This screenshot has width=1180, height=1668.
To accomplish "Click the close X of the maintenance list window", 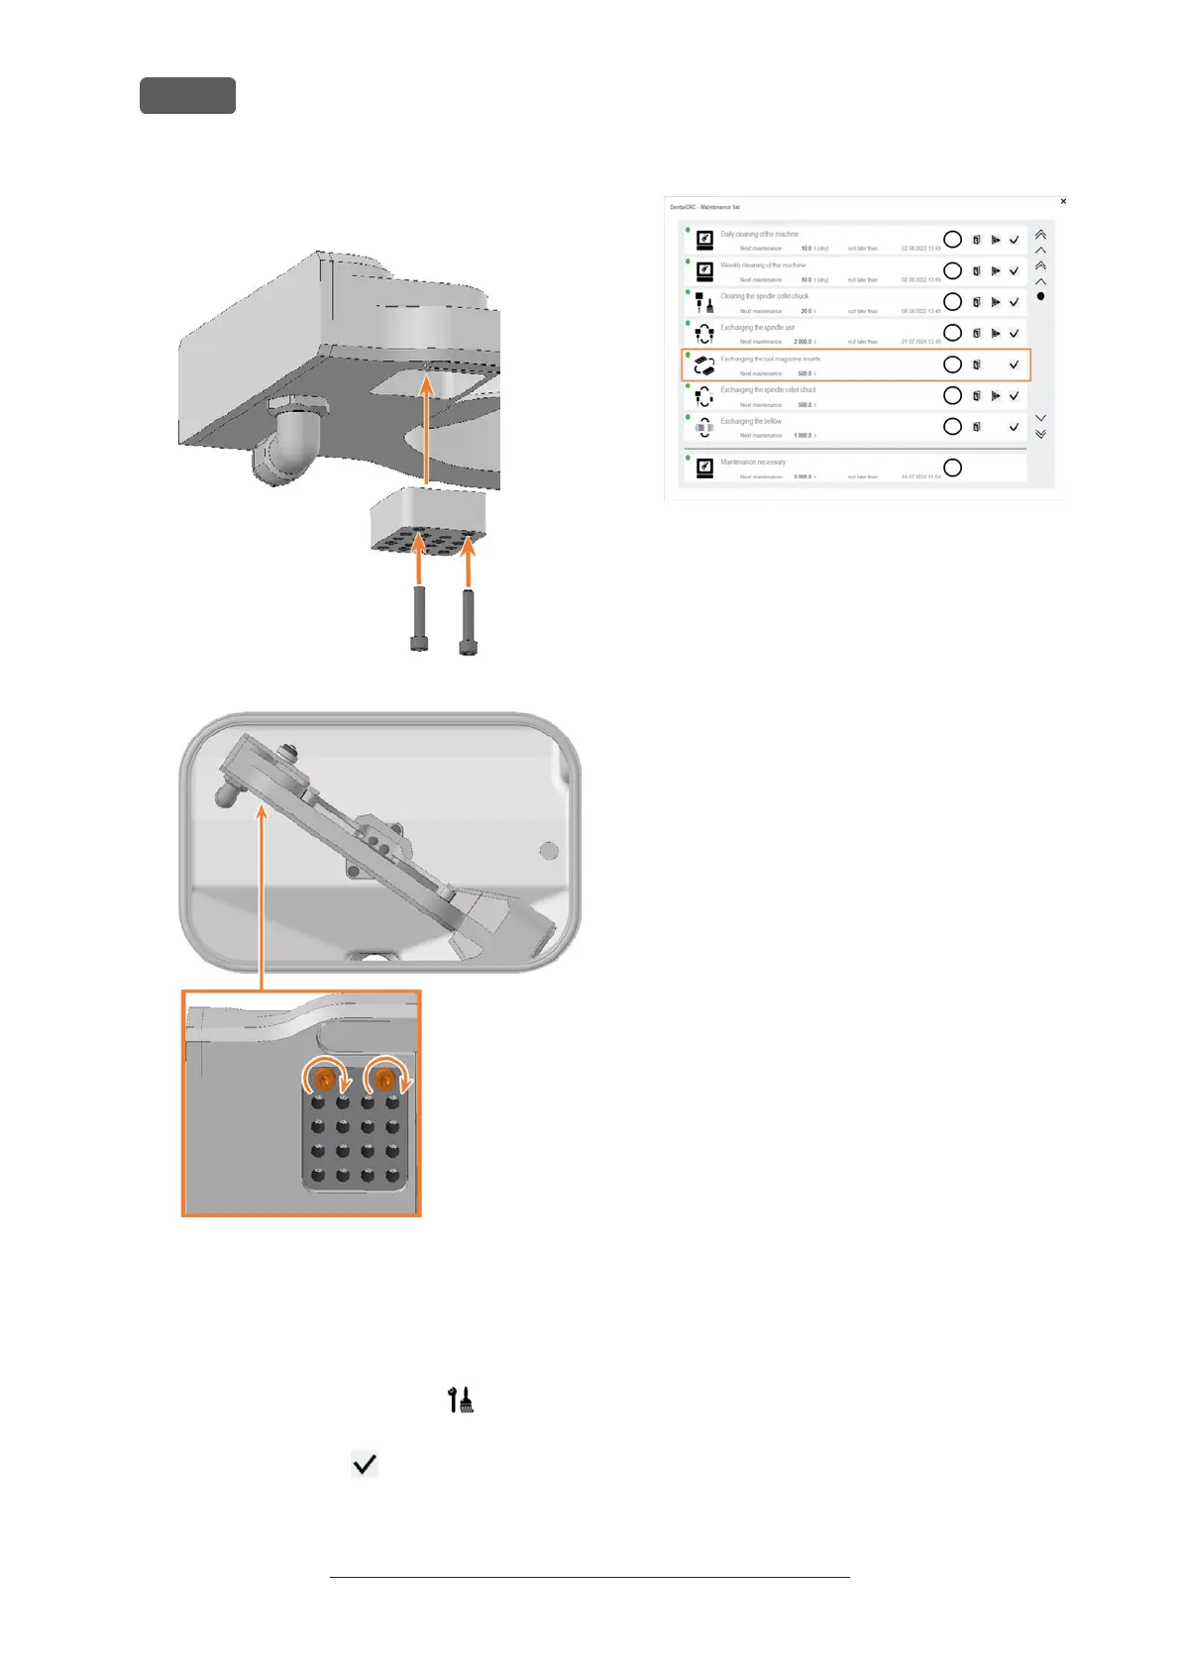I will pyautogui.click(x=1063, y=201).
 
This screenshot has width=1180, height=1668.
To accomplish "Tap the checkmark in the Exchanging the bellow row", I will pyautogui.click(x=1014, y=427).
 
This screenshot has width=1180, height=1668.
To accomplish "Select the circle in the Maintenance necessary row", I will pyautogui.click(x=952, y=468).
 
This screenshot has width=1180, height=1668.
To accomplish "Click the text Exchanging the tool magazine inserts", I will pyautogui.click(x=770, y=359).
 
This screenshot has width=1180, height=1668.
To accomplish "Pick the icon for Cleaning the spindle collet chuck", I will pyautogui.click(x=704, y=302).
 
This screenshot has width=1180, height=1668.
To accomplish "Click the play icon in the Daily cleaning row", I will pyautogui.click(x=996, y=240).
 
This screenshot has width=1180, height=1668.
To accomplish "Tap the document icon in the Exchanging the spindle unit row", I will pyautogui.click(x=976, y=333).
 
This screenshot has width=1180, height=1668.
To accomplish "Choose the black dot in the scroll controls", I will pyautogui.click(x=1040, y=296).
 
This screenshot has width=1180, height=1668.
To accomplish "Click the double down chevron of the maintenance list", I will pyautogui.click(x=1040, y=434).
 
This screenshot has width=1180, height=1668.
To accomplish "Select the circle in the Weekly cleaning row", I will pyautogui.click(x=952, y=270).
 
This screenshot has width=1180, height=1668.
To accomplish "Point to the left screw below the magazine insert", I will pyautogui.click(x=420, y=618).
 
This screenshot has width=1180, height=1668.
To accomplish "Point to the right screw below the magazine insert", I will pyautogui.click(x=468, y=620).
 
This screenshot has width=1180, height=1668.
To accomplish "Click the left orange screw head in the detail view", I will pyautogui.click(x=323, y=1076).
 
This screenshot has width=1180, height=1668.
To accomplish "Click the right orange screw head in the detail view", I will pyautogui.click(x=385, y=1076).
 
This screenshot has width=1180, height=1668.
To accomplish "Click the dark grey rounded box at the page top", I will pyautogui.click(x=187, y=96).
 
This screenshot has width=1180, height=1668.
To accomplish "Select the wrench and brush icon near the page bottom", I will pyautogui.click(x=461, y=1400).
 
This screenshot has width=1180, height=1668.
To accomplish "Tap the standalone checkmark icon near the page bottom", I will pyautogui.click(x=365, y=1464).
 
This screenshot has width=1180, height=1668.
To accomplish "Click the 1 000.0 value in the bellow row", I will pyautogui.click(x=803, y=436).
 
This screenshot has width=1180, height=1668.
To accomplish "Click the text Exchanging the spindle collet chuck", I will pyautogui.click(x=768, y=390).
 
